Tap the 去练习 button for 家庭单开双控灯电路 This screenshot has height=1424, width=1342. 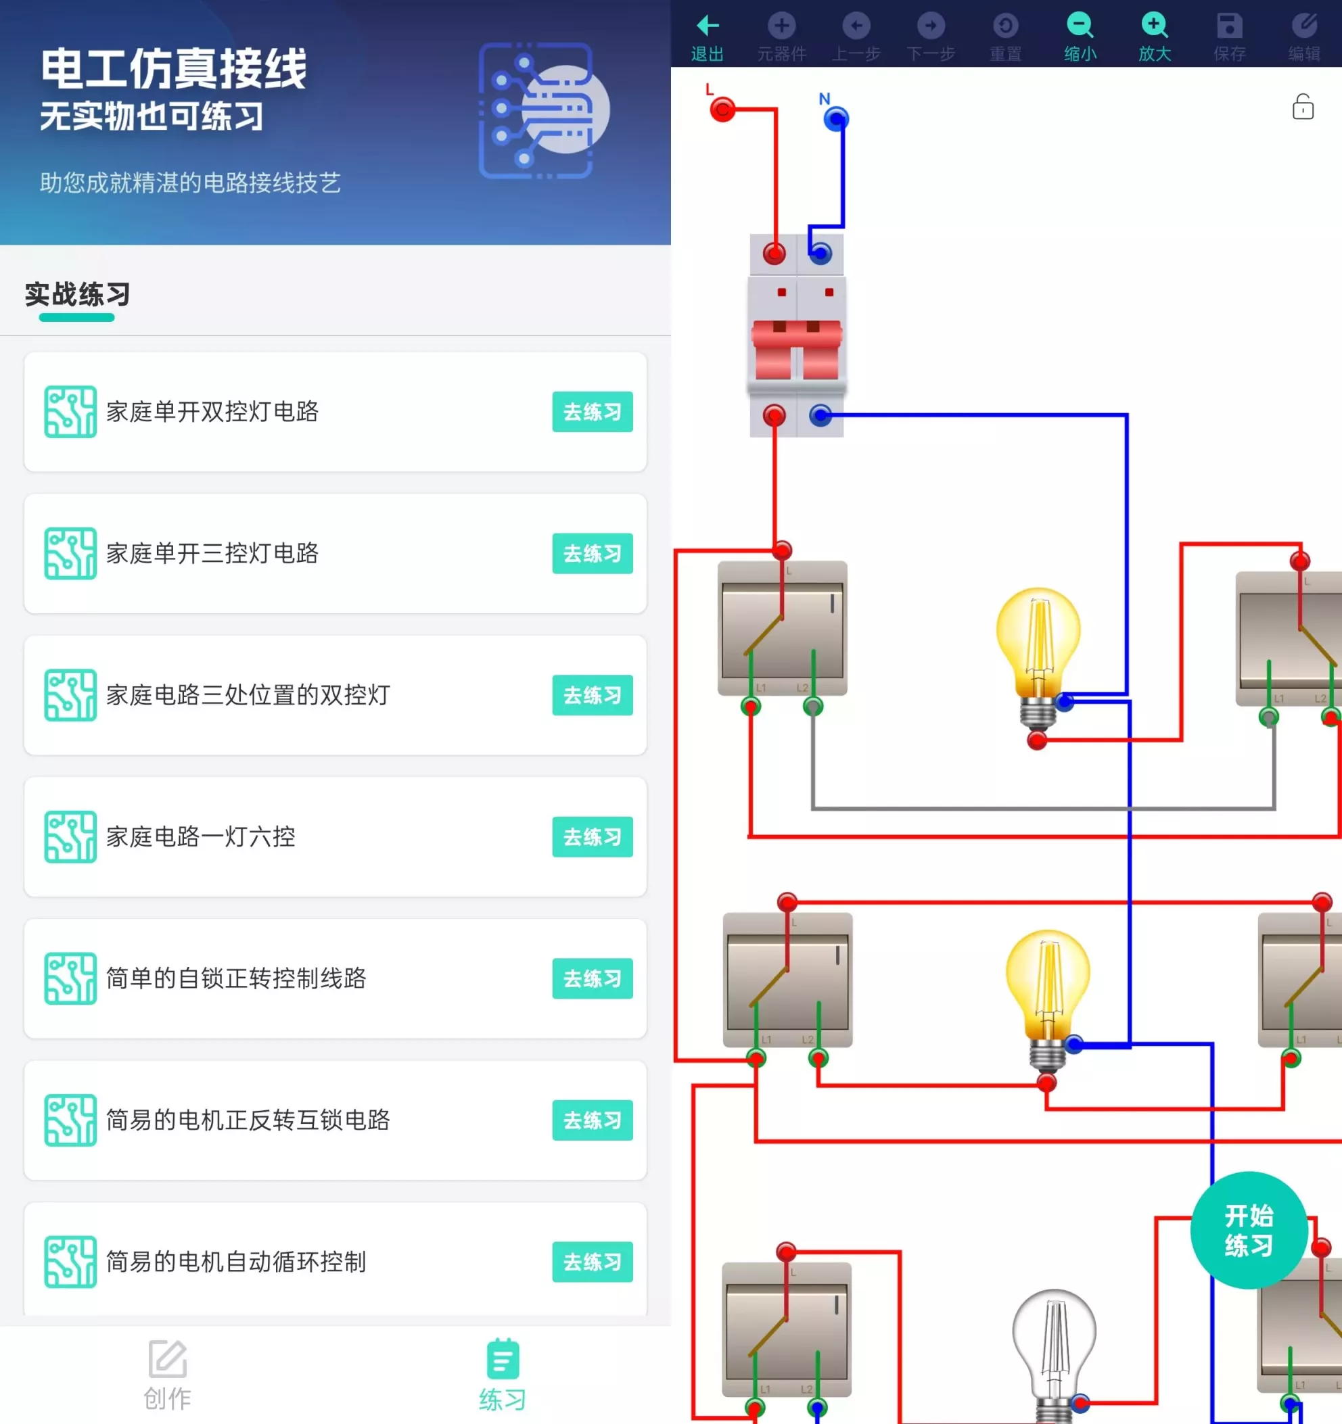(x=592, y=412)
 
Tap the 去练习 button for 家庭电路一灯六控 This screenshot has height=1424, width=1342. (x=592, y=836)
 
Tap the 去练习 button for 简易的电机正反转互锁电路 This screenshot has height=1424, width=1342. (x=592, y=1120)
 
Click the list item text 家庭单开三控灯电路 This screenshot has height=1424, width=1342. (x=212, y=554)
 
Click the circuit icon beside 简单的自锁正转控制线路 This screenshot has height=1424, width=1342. (x=70, y=978)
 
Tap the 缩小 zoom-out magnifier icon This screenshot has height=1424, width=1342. (x=1080, y=26)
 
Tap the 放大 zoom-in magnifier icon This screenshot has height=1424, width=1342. (x=1154, y=26)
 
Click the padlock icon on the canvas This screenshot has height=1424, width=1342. (x=1303, y=108)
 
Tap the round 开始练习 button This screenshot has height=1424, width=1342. (x=1249, y=1230)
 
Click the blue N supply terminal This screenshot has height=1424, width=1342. (x=835, y=118)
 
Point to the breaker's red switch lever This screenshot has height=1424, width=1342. (x=796, y=348)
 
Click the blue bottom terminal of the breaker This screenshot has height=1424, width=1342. (x=820, y=414)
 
